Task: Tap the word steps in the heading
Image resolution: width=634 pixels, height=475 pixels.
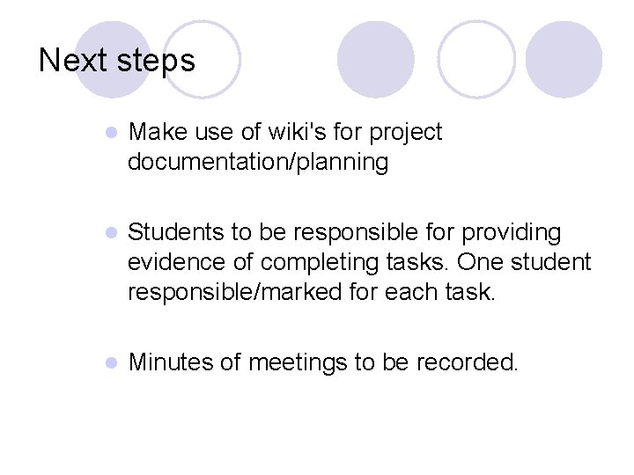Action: coord(154,61)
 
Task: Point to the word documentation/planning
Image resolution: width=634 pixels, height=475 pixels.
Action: coord(257,162)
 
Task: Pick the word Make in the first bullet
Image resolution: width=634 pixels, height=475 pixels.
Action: coord(156,133)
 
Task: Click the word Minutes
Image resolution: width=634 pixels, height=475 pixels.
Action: coord(166,362)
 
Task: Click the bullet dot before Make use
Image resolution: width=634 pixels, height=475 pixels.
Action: coord(111,134)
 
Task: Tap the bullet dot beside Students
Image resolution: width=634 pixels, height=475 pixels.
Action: coord(111,234)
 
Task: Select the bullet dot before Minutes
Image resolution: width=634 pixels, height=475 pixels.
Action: coord(111,363)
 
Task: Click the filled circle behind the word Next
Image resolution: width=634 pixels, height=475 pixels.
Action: coord(113,58)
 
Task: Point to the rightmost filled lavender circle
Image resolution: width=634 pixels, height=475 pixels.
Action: coord(564,58)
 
